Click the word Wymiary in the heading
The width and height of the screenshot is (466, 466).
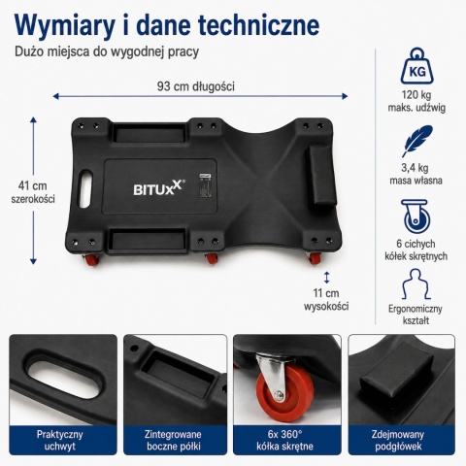65,25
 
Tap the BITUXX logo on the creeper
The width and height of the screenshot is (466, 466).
159,188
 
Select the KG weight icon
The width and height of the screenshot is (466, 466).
417,66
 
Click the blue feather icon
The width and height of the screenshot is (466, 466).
416,141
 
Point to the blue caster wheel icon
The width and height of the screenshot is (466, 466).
416,216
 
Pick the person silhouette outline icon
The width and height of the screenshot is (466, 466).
416,283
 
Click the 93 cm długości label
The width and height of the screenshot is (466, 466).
196,86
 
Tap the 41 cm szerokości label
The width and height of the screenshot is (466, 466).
33,192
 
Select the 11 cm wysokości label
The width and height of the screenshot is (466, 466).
326,299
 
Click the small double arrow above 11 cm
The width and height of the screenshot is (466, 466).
327,278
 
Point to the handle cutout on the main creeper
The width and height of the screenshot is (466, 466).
85,188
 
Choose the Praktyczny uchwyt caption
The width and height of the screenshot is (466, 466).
59,440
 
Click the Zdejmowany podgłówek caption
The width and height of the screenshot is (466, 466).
398,440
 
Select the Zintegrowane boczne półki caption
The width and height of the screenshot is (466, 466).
173,440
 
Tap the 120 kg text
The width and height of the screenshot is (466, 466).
416,95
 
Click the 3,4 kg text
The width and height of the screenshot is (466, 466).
416,168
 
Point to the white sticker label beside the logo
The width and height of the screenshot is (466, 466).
205,185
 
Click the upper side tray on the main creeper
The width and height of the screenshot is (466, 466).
150,133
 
